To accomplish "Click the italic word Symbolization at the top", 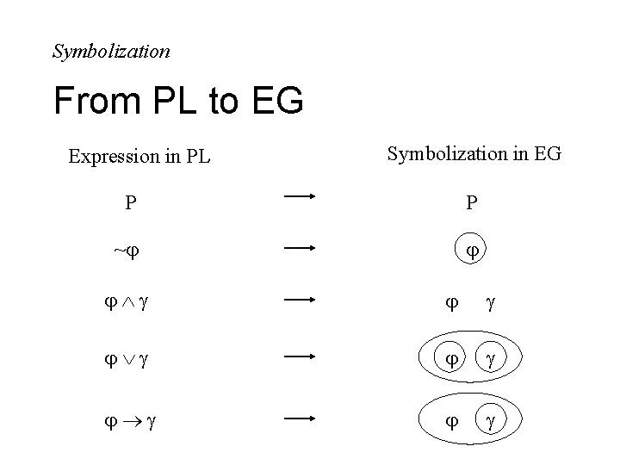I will pyautogui.click(x=111, y=52).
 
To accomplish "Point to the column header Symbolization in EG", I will pyautogui.click(x=474, y=154).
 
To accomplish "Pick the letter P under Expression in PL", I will pyautogui.click(x=130, y=203).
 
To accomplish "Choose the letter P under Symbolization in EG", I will pyautogui.click(x=472, y=203).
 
